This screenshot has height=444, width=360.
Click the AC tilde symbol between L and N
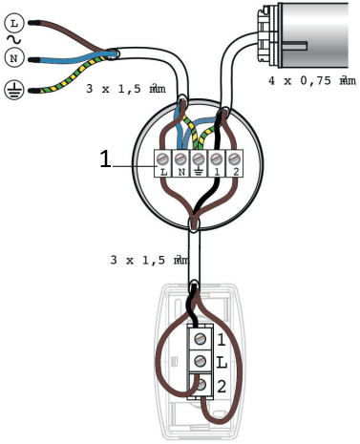13,37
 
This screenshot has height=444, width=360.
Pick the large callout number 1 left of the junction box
105,160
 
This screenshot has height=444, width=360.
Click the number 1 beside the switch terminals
221,339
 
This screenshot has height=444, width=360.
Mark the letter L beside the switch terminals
221,362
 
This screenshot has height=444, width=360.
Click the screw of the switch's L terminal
200,362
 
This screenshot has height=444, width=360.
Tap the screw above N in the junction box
180,156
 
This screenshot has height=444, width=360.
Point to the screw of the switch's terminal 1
200,339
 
